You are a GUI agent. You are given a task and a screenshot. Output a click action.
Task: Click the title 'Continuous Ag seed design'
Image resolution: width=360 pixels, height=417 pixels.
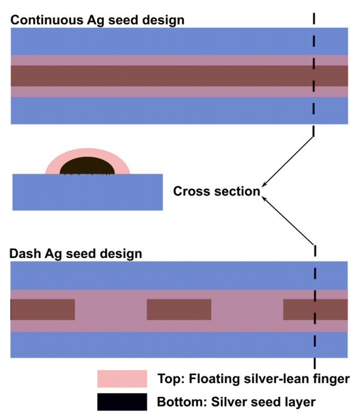point(98,20)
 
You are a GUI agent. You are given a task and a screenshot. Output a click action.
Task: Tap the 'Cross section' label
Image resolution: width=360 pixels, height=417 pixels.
point(216,191)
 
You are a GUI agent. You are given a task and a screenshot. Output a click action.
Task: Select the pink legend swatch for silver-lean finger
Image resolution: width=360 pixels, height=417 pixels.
point(121,379)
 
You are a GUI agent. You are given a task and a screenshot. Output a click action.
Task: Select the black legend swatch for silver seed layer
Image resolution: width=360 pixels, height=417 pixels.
point(121,401)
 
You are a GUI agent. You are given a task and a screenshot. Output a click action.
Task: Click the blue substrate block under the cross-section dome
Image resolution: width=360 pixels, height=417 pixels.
point(87,192)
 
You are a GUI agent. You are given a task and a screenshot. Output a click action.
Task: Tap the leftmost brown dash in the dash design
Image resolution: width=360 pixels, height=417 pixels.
point(42,310)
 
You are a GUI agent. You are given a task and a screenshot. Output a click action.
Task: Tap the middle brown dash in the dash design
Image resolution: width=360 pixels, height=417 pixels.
point(178,310)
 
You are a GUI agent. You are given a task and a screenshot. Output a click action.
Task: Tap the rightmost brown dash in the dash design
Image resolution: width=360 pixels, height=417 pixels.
point(315,310)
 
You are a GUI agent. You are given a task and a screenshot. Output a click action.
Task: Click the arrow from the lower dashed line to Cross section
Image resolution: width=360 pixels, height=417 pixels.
point(288,219)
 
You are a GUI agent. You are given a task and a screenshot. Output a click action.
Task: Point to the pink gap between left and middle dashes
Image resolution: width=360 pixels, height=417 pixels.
point(110,310)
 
